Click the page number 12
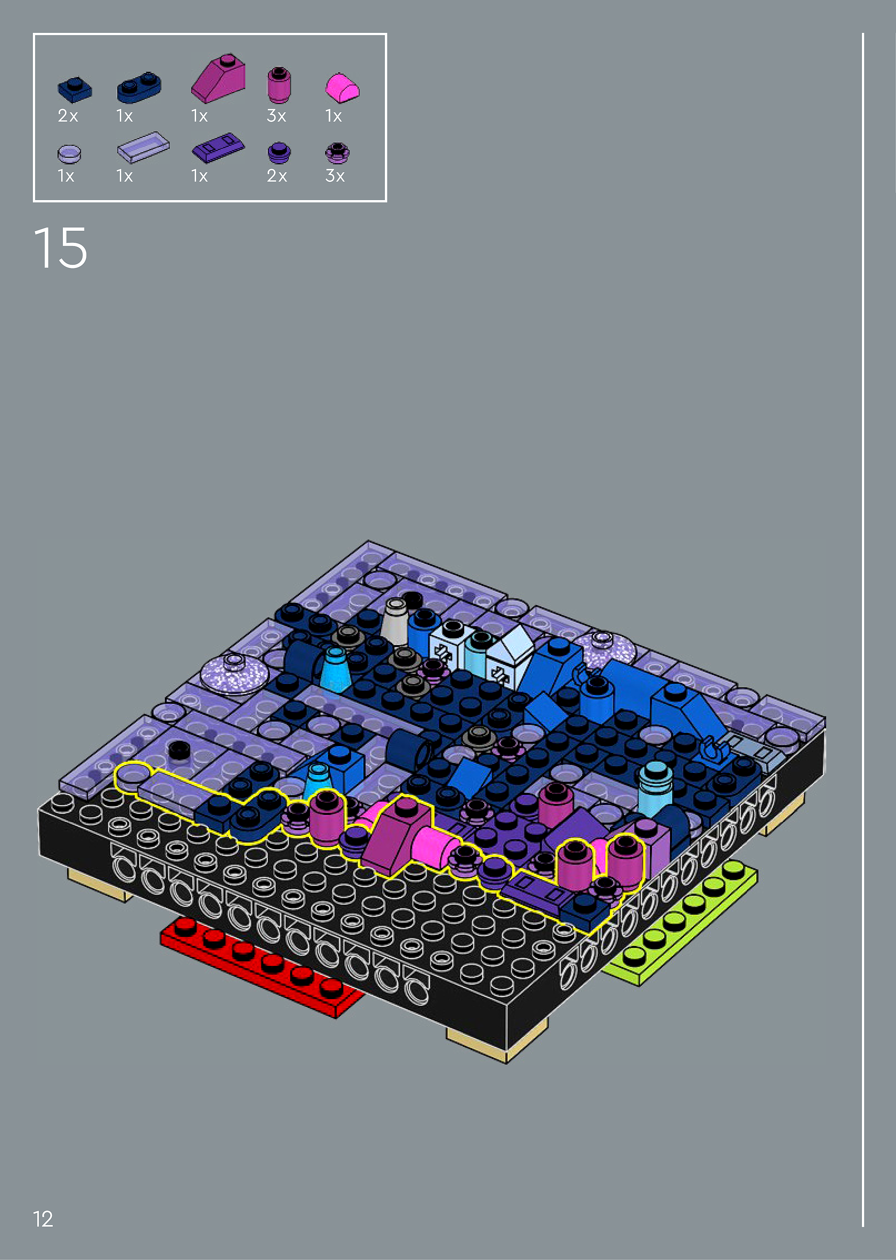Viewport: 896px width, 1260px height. click(43, 1219)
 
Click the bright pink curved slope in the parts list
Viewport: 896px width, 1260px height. click(342, 88)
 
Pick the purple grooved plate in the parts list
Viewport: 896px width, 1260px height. click(218, 148)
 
